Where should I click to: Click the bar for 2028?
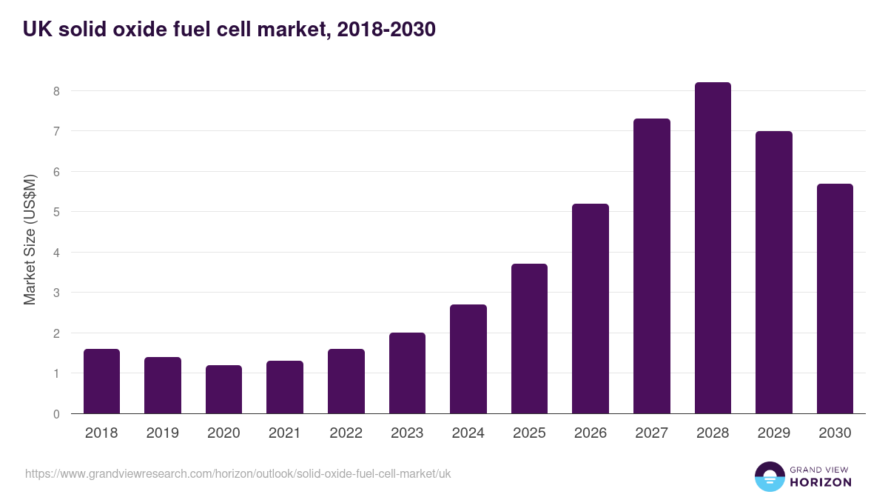point(713,248)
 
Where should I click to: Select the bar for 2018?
point(101,381)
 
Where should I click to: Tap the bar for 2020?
point(223,390)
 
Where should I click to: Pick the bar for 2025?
point(529,339)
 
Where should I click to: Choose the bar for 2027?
point(652,266)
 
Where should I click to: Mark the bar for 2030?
point(835,299)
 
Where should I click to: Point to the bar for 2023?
point(407,373)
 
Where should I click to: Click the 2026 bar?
point(591,309)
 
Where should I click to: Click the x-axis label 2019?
point(162,433)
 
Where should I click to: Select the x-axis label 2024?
point(468,433)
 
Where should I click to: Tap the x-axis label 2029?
point(773,433)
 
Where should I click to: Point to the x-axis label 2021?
point(285,433)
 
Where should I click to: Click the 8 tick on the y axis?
point(55,91)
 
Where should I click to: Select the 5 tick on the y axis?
point(55,212)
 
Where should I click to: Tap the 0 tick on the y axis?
point(55,414)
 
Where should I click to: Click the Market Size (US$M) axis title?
point(30,239)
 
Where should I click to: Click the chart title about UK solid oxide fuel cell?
point(229,30)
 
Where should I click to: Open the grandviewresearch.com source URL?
point(238,473)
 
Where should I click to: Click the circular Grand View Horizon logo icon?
point(769,476)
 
